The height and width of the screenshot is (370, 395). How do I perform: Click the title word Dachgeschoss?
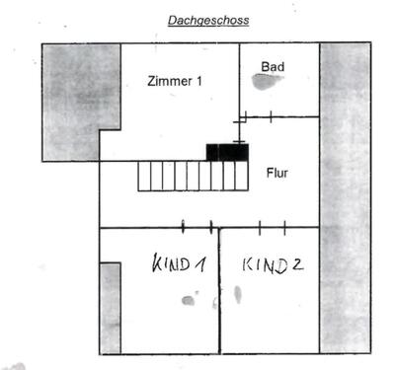click(210, 18)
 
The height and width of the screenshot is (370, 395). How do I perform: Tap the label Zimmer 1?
click(176, 82)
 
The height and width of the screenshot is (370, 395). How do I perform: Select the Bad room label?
click(272, 66)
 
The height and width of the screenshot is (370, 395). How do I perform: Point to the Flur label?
click(277, 172)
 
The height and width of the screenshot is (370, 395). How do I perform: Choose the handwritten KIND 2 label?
click(270, 265)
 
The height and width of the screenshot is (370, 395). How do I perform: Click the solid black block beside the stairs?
click(226, 152)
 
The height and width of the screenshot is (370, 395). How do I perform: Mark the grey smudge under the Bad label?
click(265, 84)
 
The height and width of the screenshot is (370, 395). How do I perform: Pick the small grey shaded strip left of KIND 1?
click(110, 307)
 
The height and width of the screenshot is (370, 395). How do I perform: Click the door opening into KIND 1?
click(197, 228)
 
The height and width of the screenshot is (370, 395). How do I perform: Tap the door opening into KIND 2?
click(272, 228)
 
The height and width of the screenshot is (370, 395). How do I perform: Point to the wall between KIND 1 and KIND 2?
click(218, 291)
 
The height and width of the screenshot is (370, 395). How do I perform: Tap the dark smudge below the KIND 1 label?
click(188, 299)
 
